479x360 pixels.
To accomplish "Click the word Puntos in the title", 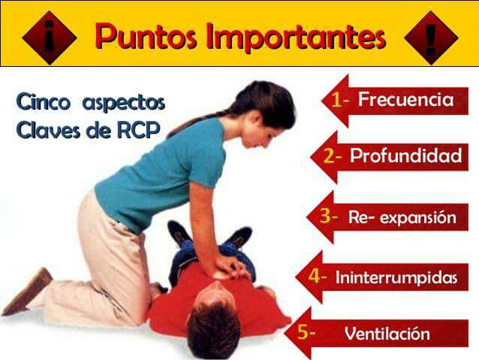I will (146, 35).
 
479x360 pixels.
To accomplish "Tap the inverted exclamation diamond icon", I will (49, 35).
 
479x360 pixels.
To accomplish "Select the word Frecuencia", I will (405, 99).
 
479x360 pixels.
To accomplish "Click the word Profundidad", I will (405, 156).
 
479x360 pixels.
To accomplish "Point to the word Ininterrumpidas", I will (396, 277).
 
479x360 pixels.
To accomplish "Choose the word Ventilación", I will (387, 334).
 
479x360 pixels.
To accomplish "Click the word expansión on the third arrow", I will (417, 218).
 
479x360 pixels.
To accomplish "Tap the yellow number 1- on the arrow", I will (341, 100).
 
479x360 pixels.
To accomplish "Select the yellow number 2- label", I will (333, 156).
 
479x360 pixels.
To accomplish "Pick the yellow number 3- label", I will (329, 216).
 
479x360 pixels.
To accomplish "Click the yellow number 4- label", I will (317, 276).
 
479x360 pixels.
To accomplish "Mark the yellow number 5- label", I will (306, 331).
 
